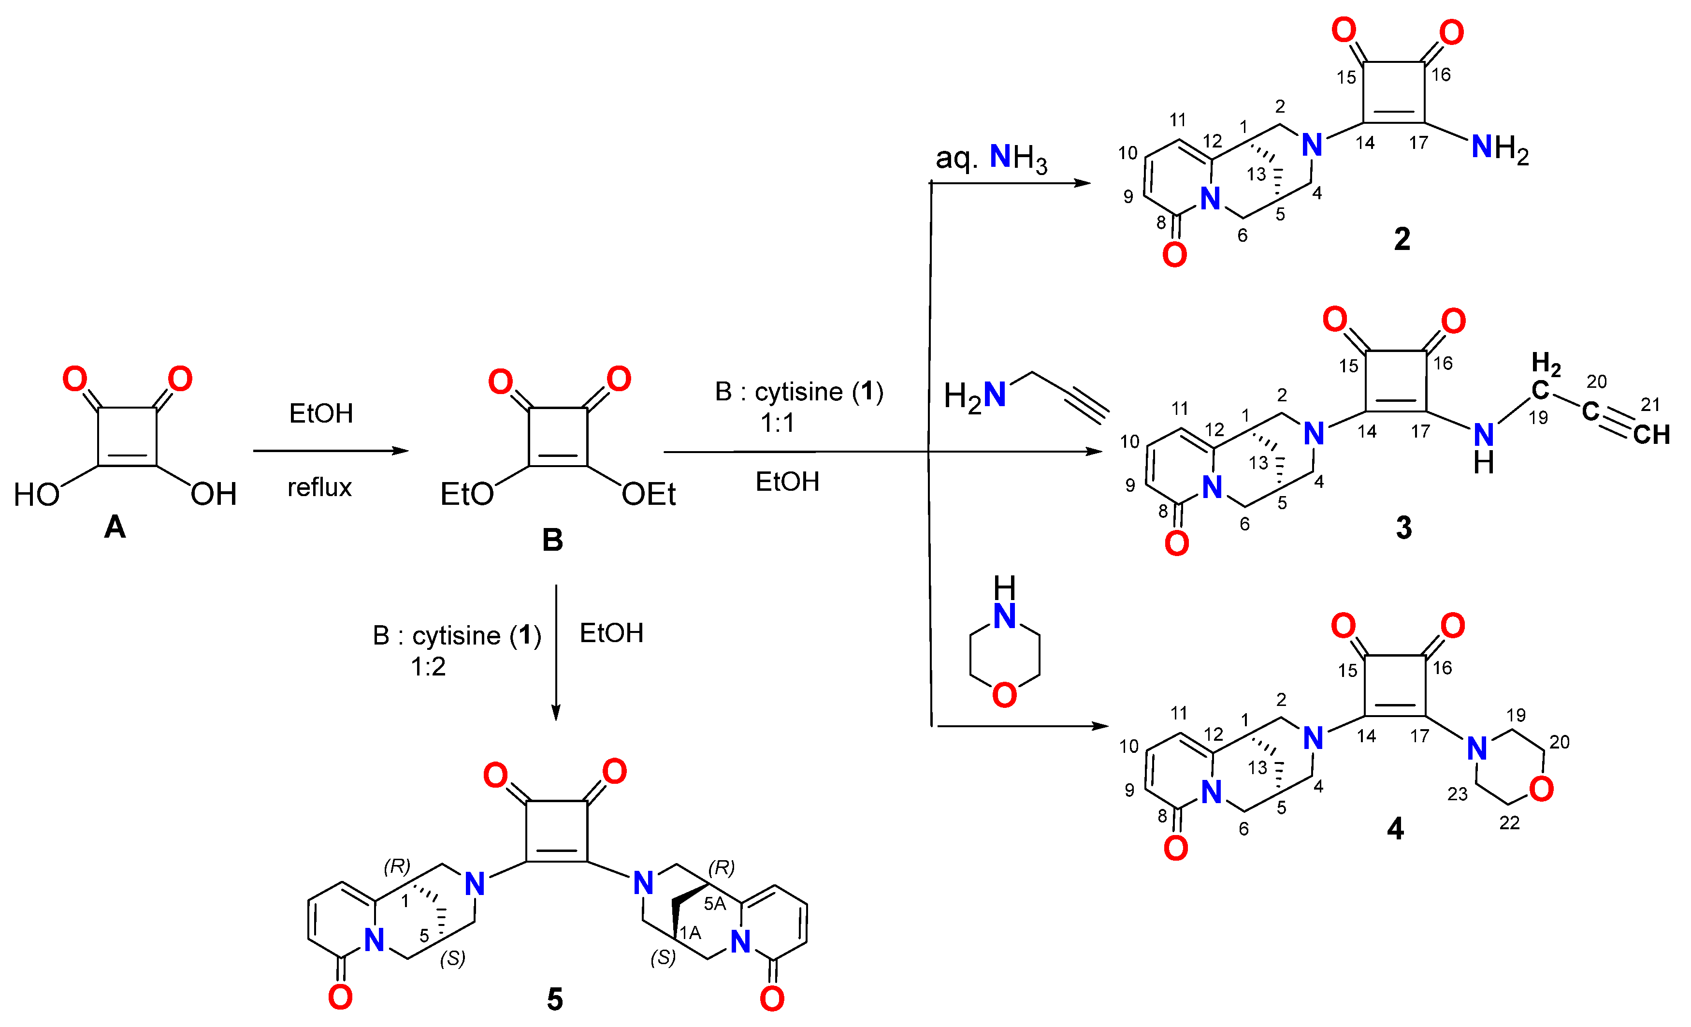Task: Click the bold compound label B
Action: (x=552, y=540)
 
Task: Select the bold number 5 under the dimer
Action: (x=554, y=999)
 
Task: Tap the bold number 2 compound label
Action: (x=1402, y=239)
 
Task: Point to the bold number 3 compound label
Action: (x=1403, y=527)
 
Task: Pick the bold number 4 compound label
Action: (x=1395, y=829)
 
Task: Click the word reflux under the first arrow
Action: (x=319, y=487)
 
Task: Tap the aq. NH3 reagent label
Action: (x=991, y=158)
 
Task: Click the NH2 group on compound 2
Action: (x=1500, y=147)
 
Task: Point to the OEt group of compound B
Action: (x=649, y=494)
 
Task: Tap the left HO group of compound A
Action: (x=36, y=494)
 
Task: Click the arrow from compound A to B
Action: (x=330, y=451)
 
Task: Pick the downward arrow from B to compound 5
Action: (x=556, y=652)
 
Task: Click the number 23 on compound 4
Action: (x=1458, y=794)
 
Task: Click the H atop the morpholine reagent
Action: (x=1005, y=587)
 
